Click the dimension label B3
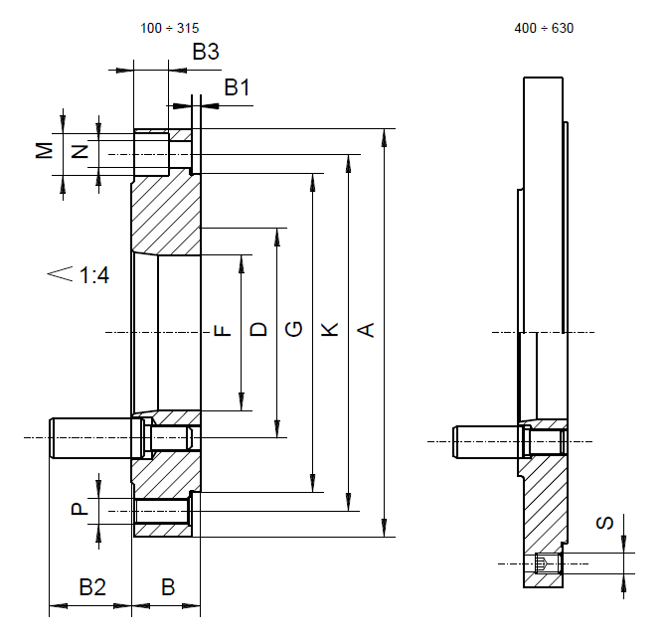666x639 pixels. (x=206, y=52)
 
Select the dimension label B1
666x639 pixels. (x=237, y=87)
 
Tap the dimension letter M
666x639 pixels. (x=44, y=150)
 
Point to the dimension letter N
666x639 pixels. (x=80, y=152)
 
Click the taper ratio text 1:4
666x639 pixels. (x=94, y=275)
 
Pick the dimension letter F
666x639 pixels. (x=222, y=330)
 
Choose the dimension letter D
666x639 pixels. (x=258, y=330)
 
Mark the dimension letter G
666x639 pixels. (x=293, y=329)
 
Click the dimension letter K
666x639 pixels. (x=330, y=330)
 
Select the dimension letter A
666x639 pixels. (x=366, y=330)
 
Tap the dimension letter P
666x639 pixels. (x=80, y=509)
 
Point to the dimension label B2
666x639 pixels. (x=92, y=587)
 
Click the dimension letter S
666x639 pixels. (x=604, y=523)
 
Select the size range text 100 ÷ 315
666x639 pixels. (x=169, y=28)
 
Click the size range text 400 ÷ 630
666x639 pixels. (x=544, y=28)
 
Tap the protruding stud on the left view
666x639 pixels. (x=95, y=438)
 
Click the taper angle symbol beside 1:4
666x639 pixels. (x=60, y=273)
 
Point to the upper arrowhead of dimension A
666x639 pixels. (x=385, y=137)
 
